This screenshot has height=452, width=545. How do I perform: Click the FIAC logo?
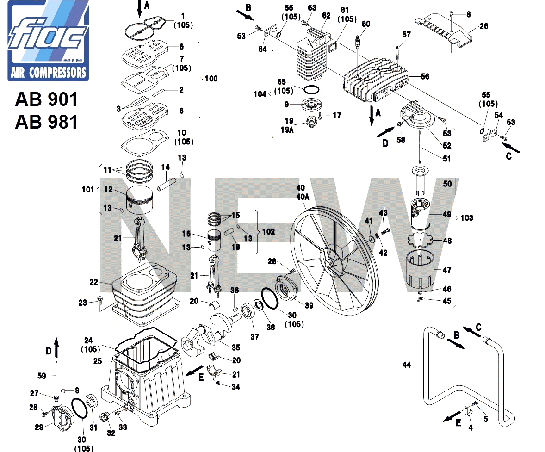click(x=48, y=41)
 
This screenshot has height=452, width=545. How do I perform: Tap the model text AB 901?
click(x=46, y=99)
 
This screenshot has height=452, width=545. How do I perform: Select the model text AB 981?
click(x=46, y=122)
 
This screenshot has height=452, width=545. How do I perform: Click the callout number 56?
click(x=425, y=76)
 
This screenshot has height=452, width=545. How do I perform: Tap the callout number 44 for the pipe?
click(x=407, y=365)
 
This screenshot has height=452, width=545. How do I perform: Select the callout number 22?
click(x=94, y=282)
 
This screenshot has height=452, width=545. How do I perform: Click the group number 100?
click(x=211, y=79)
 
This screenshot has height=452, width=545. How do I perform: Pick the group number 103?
click(x=467, y=218)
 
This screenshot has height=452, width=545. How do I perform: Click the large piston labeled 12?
click(x=139, y=199)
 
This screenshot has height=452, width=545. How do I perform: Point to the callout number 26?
click(x=484, y=26)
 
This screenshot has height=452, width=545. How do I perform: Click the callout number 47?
click(x=447, y=270)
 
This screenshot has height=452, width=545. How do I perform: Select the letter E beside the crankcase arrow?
click(x=201, y=377)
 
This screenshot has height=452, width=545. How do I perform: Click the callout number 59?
click(x=42, y=376)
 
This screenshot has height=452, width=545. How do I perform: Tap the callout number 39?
click(x=309, y=305)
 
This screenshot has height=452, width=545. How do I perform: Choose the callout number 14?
click(x=166, y=167)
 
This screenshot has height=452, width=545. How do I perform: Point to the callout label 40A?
click(x=303, y=197)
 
